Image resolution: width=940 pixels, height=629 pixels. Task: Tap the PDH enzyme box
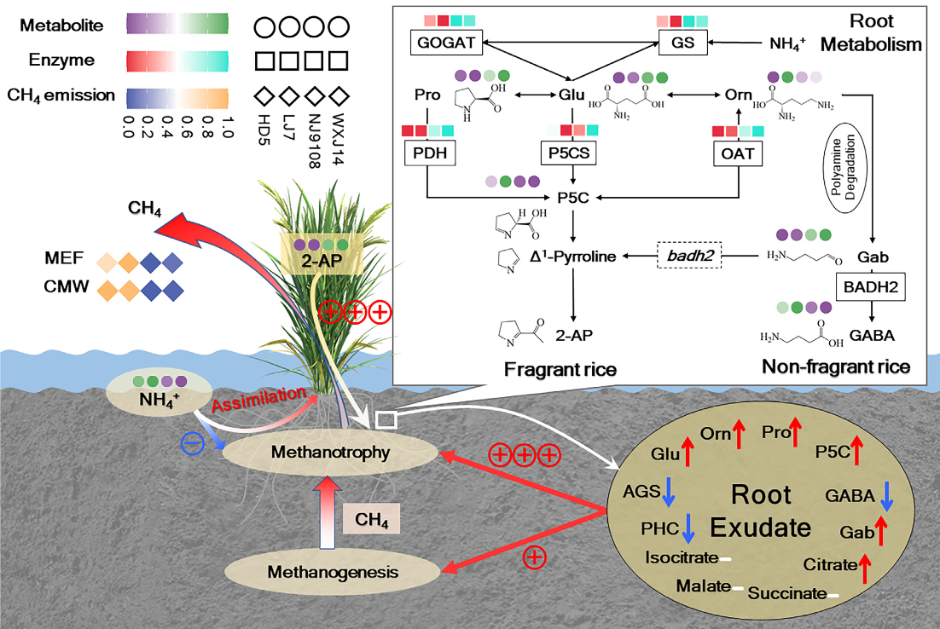tap(432, 153)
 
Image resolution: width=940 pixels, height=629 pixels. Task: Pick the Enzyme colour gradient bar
tap(176, 61)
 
